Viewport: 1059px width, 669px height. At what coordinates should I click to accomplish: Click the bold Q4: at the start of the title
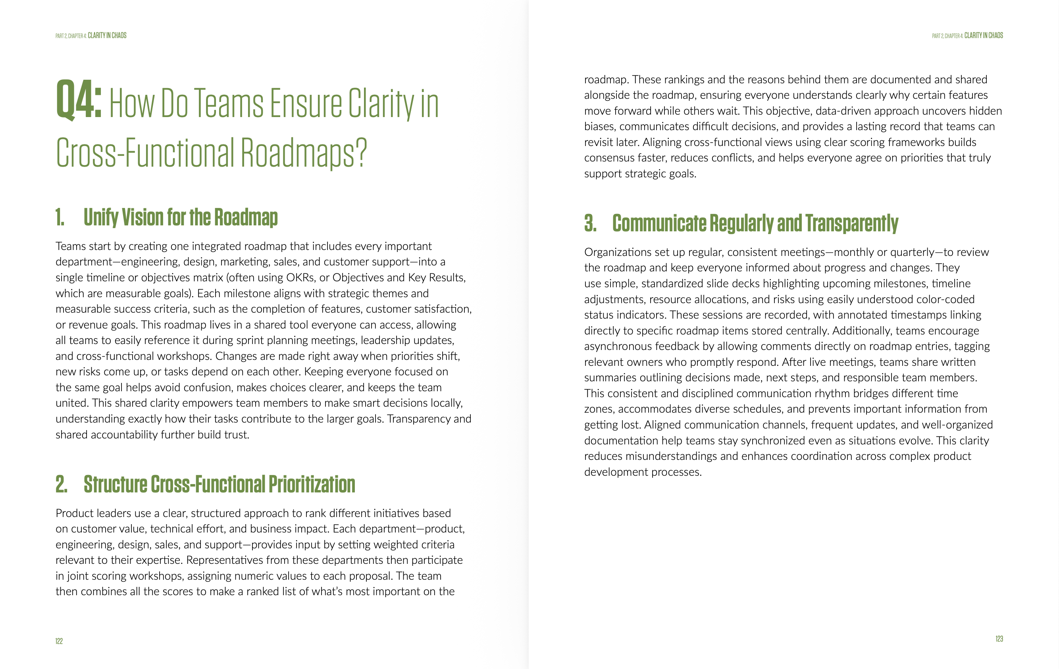[x=79, y=100]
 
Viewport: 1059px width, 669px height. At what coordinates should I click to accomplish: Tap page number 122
[x=59, y=641]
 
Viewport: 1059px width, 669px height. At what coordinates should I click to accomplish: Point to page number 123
[x=999, y=639]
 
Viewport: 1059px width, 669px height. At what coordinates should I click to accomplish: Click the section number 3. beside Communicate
[x=590, y=223]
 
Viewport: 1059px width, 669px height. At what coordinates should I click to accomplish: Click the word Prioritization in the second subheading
[x=312, y=484]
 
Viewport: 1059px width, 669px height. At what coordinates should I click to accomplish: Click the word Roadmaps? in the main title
[x=304, y=153]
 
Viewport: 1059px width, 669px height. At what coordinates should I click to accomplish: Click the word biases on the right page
[x=600, y=127]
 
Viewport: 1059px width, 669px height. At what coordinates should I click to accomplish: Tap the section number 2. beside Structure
[x=62, y=484]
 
